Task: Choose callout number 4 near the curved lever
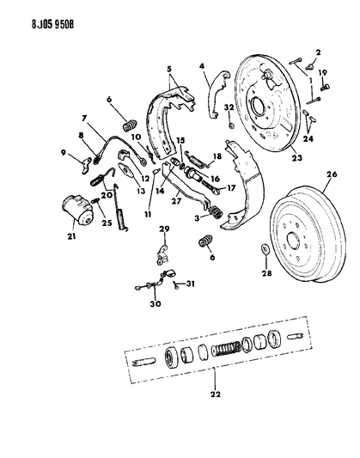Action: pyautogui.click(x=204, y=66)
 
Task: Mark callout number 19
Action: pyautogui.click(x=324, y=76)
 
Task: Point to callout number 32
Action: pyautogui.click(x=229, y=107)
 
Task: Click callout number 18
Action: pyautogui.click(x=217, y=156)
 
